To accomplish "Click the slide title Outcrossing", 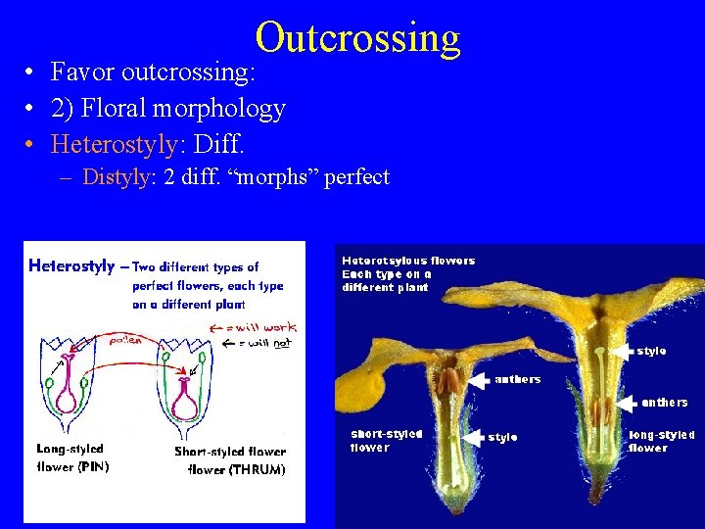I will coord(357,37).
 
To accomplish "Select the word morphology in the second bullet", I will coord(225,109).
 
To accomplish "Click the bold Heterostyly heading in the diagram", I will coord(71,265).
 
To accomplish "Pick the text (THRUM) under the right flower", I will coord(258,470).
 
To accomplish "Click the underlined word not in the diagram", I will coord(282,343).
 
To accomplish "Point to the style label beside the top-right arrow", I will coord(651,350).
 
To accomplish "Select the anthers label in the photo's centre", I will coord(518,379).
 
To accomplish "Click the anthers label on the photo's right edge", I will coord(665,402).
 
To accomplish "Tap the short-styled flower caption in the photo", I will coord(387,441).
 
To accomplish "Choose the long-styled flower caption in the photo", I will coord(662,441).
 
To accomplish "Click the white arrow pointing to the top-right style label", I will coord(623,350).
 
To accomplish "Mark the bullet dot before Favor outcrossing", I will coord(32,72).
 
